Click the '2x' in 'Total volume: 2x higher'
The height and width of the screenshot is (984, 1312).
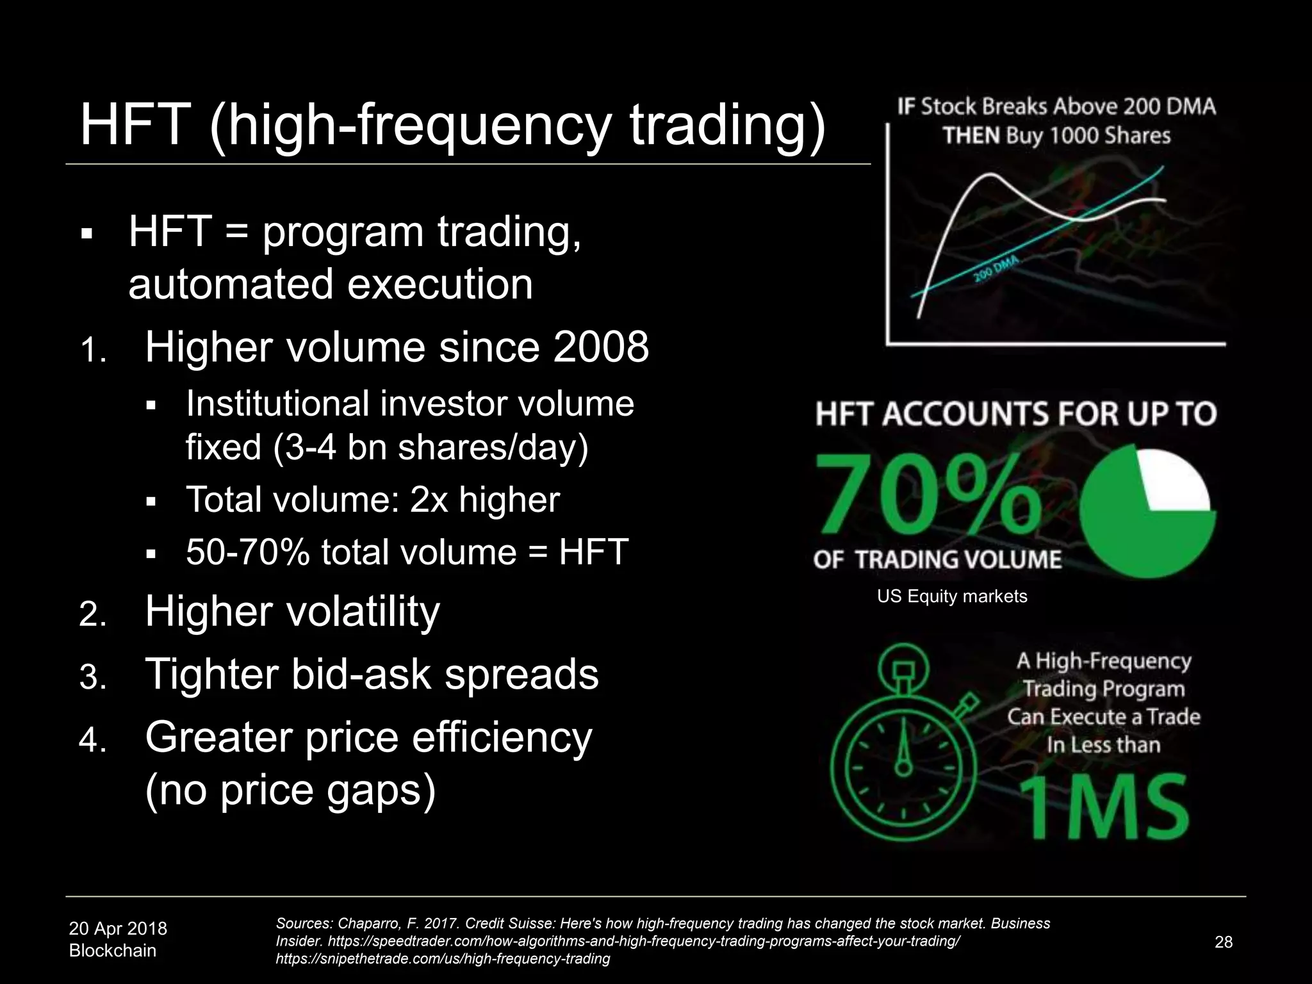[x=429, y=500]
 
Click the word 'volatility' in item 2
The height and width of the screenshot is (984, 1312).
[x=363, y=611]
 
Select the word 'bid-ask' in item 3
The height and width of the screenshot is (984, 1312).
[x=361, y=675]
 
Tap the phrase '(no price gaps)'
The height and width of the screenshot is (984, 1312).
[x=290, y=790]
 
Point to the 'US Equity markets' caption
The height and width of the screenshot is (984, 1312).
[x=952, y=596]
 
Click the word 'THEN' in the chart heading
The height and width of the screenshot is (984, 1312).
[x=971, y=136]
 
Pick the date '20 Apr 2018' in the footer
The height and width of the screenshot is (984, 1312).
[x=118, y=928]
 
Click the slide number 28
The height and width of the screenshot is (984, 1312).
[x=1223, y=942]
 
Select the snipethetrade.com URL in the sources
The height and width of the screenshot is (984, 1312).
[x=443, y=959]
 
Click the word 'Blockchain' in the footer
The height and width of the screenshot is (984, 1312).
[x=113, y=951]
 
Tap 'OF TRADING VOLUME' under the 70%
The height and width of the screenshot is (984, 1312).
[x=937, y=560]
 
